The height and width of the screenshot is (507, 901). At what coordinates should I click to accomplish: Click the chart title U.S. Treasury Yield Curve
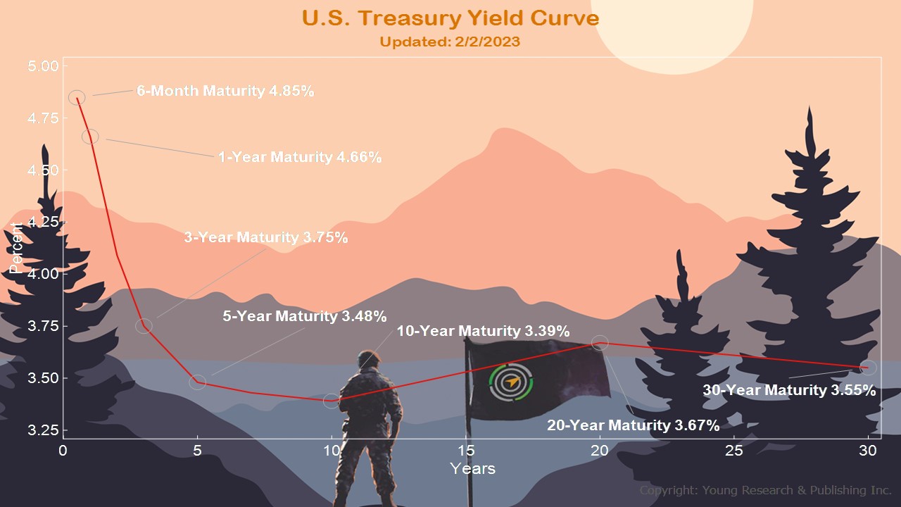[450, 18]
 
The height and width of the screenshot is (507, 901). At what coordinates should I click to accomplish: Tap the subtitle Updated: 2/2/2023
[450, 42]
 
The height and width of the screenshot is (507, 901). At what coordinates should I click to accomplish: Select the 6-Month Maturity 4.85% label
[225, 91]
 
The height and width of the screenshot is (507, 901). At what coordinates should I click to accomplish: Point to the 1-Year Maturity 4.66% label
[300, 157]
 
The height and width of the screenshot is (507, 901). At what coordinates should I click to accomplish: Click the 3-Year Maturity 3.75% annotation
[266, 237]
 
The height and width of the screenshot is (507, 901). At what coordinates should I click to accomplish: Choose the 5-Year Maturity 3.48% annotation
[305, 316]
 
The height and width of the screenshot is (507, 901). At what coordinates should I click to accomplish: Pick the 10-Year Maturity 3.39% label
[483, 331]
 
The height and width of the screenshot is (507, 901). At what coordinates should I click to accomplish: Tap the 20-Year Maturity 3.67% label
[633, 425]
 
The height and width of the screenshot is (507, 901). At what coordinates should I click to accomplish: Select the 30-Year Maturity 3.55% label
[789, 390]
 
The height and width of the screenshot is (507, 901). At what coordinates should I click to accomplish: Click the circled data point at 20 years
[600, 343]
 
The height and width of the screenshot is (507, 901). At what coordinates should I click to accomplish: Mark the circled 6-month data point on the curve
[77, 97]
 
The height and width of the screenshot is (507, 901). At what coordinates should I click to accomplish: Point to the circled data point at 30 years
[868, 368]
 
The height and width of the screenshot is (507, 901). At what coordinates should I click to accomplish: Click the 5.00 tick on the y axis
[43, 66]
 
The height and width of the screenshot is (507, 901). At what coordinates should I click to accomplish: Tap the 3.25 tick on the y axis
[43, 430]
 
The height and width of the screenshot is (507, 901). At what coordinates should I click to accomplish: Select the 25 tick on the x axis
[733, 451]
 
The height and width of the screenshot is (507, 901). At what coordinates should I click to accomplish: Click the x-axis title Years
[472, 469]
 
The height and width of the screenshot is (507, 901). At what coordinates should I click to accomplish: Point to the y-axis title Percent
[16, 248]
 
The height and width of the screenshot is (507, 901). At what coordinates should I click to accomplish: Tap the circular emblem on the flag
[511, 382]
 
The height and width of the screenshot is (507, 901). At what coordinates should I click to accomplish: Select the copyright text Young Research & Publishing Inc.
[796, 491]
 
